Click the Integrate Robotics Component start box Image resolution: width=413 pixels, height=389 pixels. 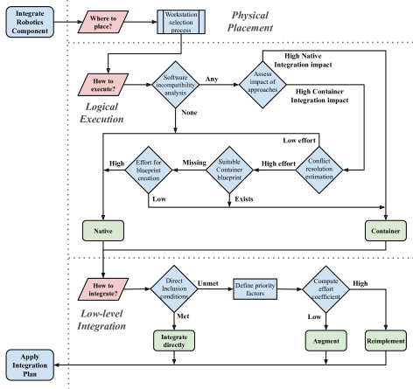(x=30, y=22)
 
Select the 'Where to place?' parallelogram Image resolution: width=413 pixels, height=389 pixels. (x=103, y=22)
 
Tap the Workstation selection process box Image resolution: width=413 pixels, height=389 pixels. (x=181, y=22)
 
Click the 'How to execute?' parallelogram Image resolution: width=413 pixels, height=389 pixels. (x=103, y=85)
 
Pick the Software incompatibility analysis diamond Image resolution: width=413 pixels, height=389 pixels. (x=176, y=85)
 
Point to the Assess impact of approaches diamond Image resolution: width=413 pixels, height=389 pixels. (x=262, y=85)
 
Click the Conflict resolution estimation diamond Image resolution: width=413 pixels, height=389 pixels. (x=319, y=170)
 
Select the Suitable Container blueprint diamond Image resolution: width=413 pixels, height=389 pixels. (x=229, y=170)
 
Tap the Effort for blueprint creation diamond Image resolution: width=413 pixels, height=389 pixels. (x=149, y=170)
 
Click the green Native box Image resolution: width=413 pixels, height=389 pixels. (x=103, y=231)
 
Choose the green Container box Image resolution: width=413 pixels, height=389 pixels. (x=386, y=231)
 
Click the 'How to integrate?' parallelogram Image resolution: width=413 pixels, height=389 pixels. (x=103, y=289)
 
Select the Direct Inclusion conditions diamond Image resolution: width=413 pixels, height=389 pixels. (x=174, y=288)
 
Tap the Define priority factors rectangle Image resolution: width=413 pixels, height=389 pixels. (x=255, y=289)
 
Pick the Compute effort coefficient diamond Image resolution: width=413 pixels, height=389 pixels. (x=325, y=289)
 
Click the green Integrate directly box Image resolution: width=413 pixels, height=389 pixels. (x=174, y=341)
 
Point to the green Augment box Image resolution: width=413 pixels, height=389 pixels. (x=326, y=341)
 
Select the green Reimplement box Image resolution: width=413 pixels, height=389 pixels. (x=386, y=341)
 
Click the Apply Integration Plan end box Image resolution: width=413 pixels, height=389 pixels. (x=30, y=365)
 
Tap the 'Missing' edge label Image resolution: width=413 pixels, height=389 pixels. (x=194, y=163)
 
